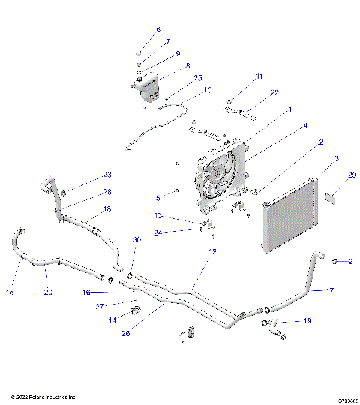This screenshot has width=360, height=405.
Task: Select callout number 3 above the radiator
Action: [316, 160]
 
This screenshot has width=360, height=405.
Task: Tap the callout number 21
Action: [352, 261]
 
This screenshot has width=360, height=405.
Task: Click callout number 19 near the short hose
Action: [307, 320]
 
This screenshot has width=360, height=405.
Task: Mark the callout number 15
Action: [10, 291]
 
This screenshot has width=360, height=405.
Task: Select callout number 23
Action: [107, 175]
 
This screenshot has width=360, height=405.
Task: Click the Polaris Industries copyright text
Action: [43, 396]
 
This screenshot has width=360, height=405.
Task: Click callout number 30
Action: [136, 239]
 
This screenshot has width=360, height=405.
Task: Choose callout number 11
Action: [259, 76]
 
